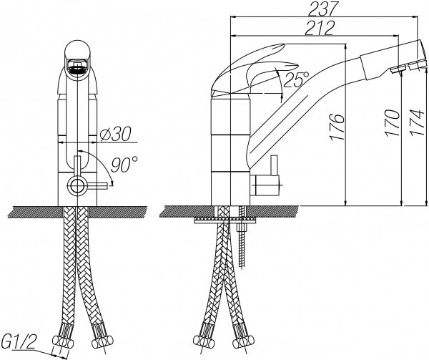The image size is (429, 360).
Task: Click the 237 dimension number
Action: pos(322,9)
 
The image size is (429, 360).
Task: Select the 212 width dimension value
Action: pos(320,28)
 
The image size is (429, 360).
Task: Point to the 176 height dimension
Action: pos(337,127)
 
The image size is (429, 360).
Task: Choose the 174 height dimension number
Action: pos(417,122)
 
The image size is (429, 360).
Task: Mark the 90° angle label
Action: pos(124,165)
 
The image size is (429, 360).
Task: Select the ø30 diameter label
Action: pos(115,134)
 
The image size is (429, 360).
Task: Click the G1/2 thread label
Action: pos(19,341)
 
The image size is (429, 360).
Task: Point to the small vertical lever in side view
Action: pos(274,165)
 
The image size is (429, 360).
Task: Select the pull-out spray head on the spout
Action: pos(394,61)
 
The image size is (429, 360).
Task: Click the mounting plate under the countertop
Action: pos(225,220)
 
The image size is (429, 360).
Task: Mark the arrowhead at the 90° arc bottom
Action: pos(112,184)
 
